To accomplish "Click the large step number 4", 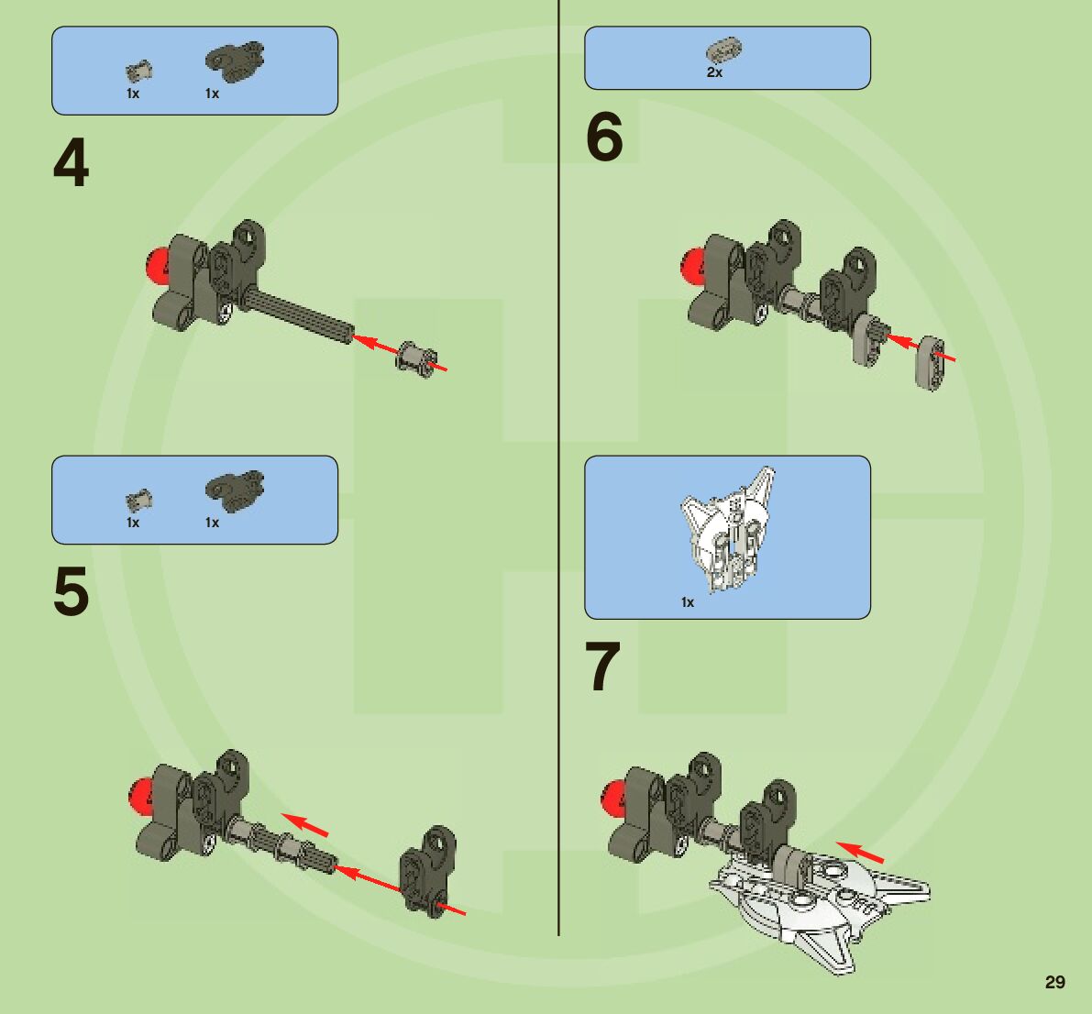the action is (x=72, y=165).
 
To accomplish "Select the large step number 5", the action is (x=72, y=591).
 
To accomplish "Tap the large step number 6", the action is (x=604, y=138).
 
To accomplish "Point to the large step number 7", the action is (x=603, y=667).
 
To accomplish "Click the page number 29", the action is (x=1054, y=982).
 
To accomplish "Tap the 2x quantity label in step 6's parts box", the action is (x=714, y=72).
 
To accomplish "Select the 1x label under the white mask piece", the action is (x=688, y=602).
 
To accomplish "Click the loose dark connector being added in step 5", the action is (x=428, y=867).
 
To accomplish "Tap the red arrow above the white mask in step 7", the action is (x=860, y=852).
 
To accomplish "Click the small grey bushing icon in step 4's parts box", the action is (x=138, y=70).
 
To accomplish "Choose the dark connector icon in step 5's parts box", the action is (x=234, y=486).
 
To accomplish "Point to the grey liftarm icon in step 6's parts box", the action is (x=724, y=49).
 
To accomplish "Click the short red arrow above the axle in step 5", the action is (x=304, y=822).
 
